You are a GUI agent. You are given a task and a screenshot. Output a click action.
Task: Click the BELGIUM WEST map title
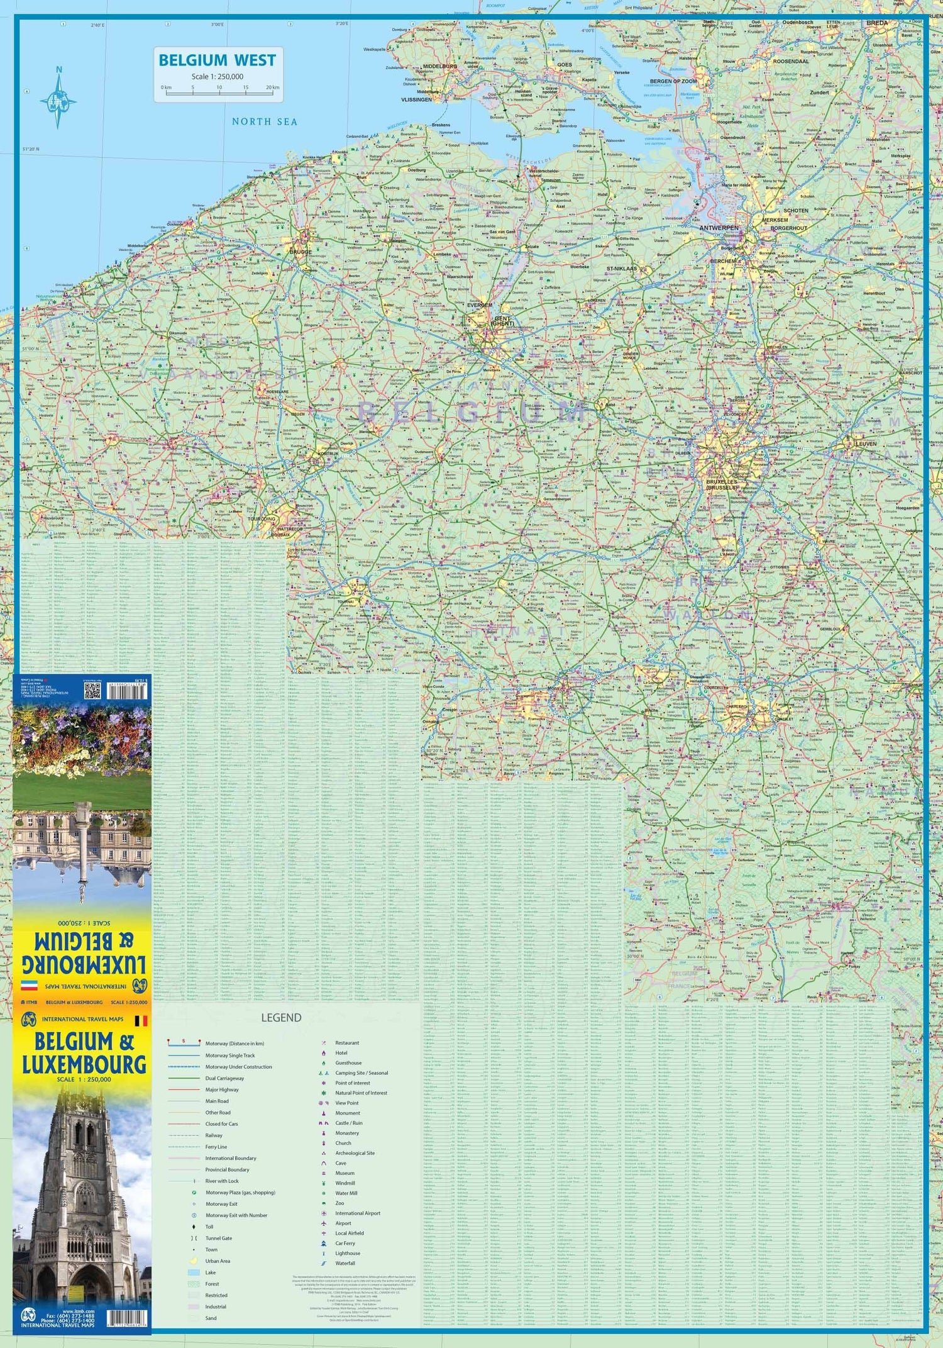pyautogui.click(x=217, y=60)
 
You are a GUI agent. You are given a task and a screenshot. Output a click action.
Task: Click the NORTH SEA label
pyautogui.click(x=264, y=121)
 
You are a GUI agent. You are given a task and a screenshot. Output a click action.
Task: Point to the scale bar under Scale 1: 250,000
pyautogui.click(x=219, y=92)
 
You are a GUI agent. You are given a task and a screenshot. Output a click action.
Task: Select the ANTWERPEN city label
pyautogui.click(x=719, y=228)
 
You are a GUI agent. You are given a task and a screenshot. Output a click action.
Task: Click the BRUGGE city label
pyautogui.click(x=301, y=252)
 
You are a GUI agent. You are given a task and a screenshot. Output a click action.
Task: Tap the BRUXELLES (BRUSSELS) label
pyautogui.click(x=721, y=484)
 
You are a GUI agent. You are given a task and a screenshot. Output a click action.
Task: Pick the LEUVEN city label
pyautogui.click(x=866, y=443)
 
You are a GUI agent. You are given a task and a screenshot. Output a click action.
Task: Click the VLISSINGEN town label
pyautogui.click(x=416, y=99)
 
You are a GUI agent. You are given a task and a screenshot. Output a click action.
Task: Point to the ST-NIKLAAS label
pyautogui.click(x=621, y=269)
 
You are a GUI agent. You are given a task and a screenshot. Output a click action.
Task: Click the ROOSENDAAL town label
pyautogui.click(x=790, y=62)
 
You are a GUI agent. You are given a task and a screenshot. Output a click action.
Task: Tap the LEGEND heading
pyautogui.click(x=281, y=1018)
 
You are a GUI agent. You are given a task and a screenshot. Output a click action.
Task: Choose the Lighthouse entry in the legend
pyautogui.click(x=347, y=1253)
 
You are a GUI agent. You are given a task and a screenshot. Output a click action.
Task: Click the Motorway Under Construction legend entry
pyautogui.click(x=238, y=1067)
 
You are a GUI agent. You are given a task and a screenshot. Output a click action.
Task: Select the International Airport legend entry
pyautogui.click(x=357, y=1213)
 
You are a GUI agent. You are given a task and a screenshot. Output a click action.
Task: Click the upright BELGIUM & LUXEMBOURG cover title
pyautogui.click(x=84, y=1053)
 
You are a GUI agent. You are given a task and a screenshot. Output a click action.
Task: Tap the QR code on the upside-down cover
pyautogui.click(x=92, y=691)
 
